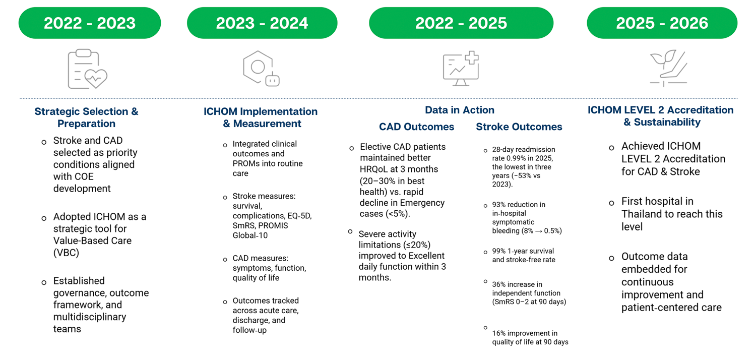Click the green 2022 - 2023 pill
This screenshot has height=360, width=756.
(x=90, y=23)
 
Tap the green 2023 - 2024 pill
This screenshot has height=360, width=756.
(x=262, y=23)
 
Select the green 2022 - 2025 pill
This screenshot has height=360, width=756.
(x=461, y=23)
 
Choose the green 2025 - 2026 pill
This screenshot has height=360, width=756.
(x=662, y=23)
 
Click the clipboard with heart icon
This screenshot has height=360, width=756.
(x=87, y=69)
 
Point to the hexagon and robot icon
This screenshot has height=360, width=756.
(x=261, y=69)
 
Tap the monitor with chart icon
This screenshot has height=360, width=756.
(x=461, y=69)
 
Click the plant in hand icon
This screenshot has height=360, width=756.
(x=669, y=68)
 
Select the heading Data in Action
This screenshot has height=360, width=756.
(x=460, y=110)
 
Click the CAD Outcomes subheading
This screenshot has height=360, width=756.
(x=416, y=127)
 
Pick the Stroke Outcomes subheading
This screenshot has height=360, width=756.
(x=519, y=127)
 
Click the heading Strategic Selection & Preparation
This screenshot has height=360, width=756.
(x=86, y=117)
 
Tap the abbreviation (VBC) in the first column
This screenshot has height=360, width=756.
(x=66, y=253)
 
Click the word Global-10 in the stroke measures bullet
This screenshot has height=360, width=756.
(x=250, y=235)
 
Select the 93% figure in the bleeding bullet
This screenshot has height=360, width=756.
(x=499, y=205)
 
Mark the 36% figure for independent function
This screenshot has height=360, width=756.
(x=499, y=284)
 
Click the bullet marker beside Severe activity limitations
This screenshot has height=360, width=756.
(x=350, y=231)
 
